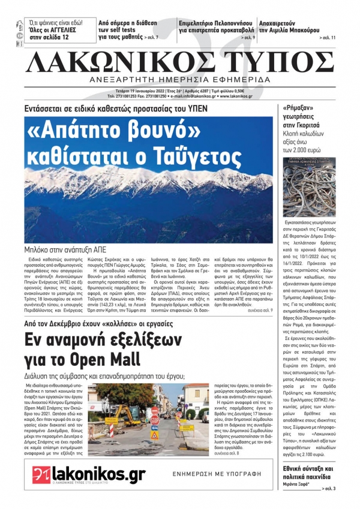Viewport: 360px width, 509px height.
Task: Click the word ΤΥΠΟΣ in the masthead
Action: point(276,62)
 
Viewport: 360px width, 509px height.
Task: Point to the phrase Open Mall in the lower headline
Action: point(104,359)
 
